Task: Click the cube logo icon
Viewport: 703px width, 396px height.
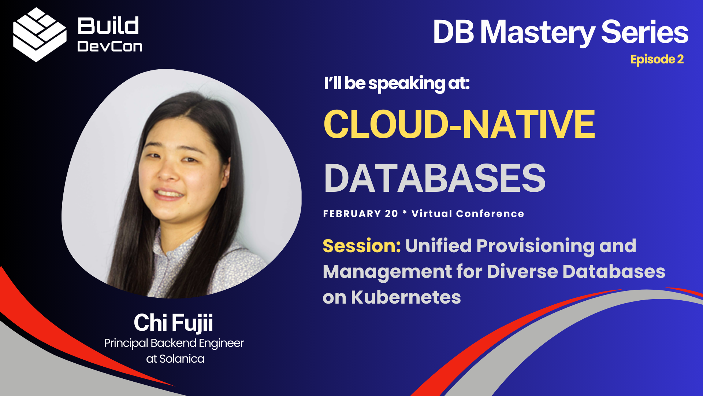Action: [x=40, y=35]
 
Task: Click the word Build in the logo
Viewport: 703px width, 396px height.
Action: [x=108, y=26]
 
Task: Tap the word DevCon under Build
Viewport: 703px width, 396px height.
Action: [x=110, y=47]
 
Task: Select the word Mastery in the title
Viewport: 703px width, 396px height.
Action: [x=538, y=32]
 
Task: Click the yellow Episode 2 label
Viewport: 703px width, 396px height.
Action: [x=657, y=59]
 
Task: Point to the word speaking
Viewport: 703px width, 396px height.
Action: [x=406, y=84]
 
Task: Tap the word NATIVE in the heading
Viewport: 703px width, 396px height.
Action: [x=529, y=125]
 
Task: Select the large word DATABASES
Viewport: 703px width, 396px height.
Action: [x=435, y=179]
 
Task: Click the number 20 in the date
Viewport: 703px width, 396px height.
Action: [x=391, y=214]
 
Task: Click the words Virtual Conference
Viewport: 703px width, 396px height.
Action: [x=468, y=214]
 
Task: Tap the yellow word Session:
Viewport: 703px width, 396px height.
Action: [x=362, y=246]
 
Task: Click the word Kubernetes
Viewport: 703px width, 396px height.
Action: [x=406, y=297]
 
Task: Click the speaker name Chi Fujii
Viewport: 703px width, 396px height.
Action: [x=173, y=323]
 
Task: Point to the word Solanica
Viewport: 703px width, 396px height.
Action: [x=182, y=359]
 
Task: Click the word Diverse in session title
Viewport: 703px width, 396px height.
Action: [x=522, y=272]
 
